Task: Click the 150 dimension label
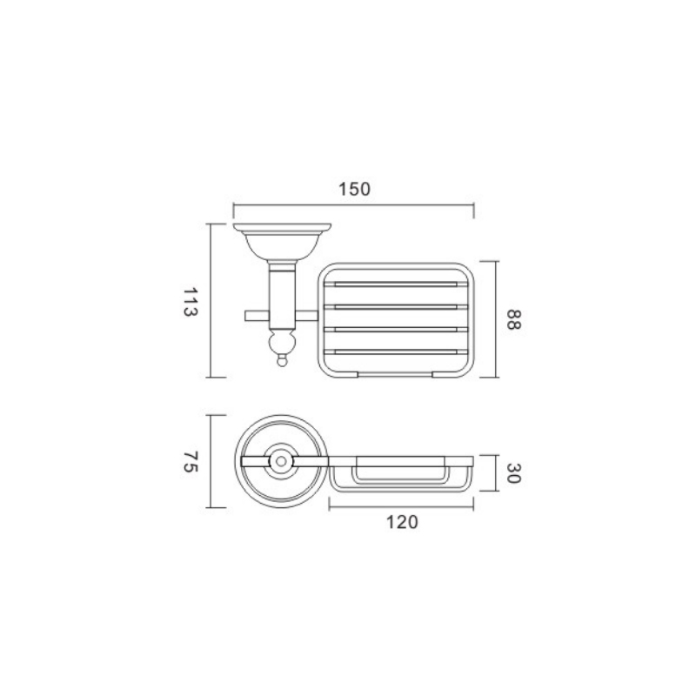coord(354,189)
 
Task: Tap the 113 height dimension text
coord(190,302)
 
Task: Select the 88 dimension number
coord(513,319)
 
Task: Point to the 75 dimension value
coord(190,462)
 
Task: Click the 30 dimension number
coord(513,473)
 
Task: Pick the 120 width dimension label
coord(402,523)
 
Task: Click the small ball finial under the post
coord(281,362)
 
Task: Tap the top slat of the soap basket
coord(396,284)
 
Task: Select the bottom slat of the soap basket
coord(396,352)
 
